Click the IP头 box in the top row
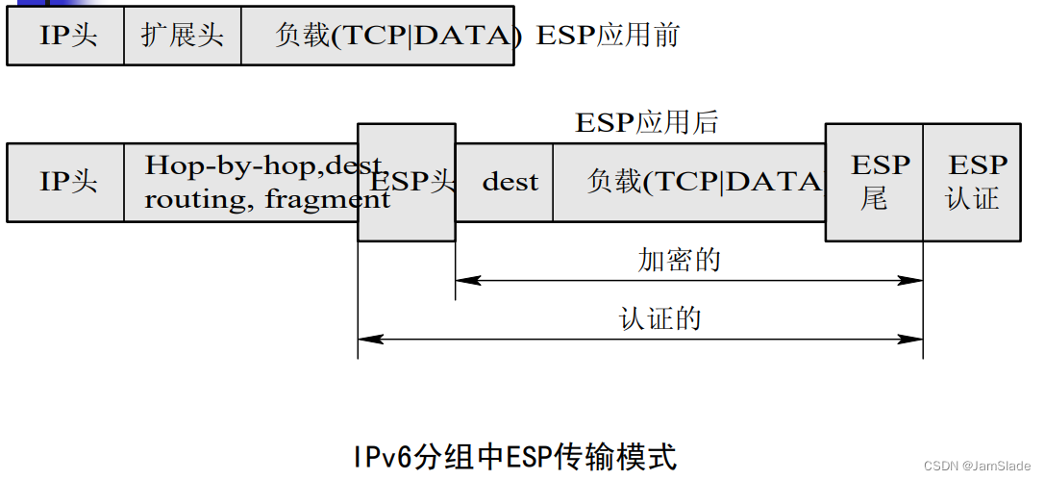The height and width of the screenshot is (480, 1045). [66, 36]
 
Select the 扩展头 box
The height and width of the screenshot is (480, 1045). [183, 36]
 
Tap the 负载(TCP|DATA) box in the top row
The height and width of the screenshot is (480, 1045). [378, 36]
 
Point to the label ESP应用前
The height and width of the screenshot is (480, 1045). [608, 36]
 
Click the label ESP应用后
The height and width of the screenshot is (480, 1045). [646, 122]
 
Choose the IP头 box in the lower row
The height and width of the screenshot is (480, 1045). [66, 182]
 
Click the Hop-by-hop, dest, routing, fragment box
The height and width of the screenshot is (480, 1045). [240, 182]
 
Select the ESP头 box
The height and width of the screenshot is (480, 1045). [407, 182]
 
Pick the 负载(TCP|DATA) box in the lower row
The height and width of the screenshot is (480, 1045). [689, 182]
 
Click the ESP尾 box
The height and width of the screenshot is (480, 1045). [874, 182]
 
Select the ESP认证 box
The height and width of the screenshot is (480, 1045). [973, 182]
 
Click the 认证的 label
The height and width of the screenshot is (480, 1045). [659, 318]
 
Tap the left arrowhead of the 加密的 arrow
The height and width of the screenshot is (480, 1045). [462, 281]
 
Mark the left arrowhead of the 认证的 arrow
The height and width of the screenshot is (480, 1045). [365, 339]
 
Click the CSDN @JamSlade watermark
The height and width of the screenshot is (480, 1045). [976, 466]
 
